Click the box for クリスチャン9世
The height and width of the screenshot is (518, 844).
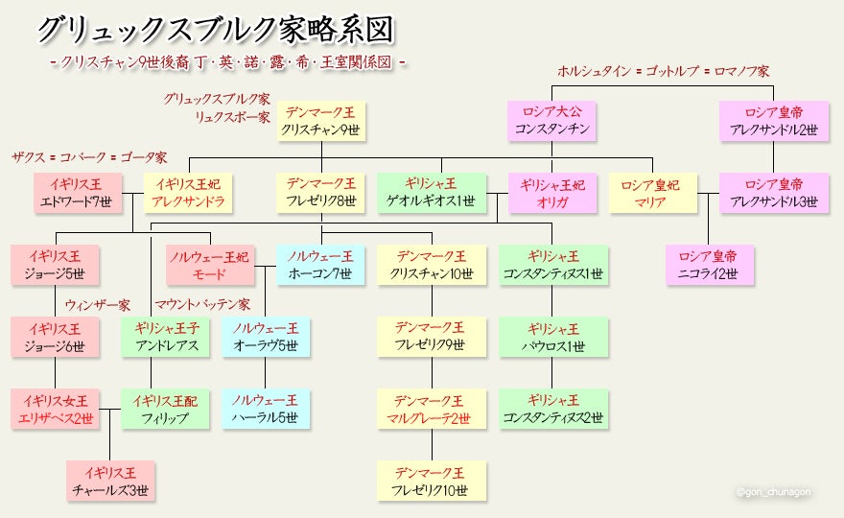click(320, 122)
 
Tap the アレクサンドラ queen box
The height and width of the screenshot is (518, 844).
click(188, 193)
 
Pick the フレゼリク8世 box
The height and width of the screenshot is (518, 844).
click(320, 193)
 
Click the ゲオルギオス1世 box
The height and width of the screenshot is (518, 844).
click(431, 193)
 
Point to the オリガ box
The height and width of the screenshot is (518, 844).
click(552, 193)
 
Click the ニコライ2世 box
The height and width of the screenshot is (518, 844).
click(709, 265)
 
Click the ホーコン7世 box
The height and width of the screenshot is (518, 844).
click(320, 265)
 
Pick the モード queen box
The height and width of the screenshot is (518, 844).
click(209, 265)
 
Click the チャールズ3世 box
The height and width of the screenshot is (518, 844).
click(109, 481)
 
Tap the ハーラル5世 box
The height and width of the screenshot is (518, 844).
click(266, 409)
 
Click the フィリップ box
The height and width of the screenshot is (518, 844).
click(165, 409)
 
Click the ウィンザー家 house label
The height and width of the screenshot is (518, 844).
click(98, 305)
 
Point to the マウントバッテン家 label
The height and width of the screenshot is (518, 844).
click(202, 305)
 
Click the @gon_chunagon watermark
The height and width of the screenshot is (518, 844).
click(773, 491)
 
